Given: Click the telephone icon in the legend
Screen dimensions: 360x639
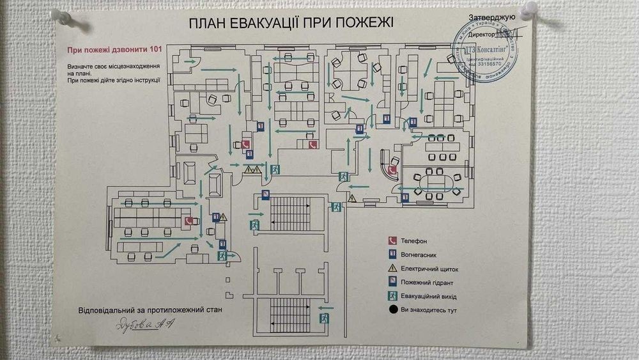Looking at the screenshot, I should pyautogui.click(x=392, y=241).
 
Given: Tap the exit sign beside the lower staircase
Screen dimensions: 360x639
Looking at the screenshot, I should pyautogui.click(x=324, y=317).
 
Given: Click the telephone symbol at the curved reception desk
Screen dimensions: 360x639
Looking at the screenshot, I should pyautogui.click(x=392, y=170).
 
